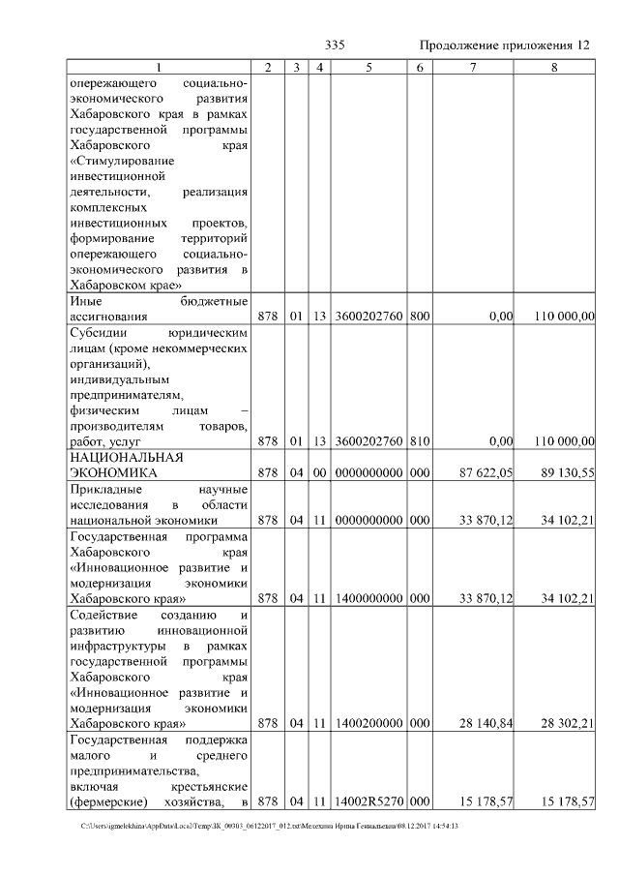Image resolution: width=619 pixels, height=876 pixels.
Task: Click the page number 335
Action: coord(335,45)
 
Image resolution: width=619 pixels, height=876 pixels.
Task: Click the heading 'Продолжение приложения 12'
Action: coord(504,45)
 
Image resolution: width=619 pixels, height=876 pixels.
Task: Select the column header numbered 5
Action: coord(369,67)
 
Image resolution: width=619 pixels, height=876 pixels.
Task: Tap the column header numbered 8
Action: coord(554,67)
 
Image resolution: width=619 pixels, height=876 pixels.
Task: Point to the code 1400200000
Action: coord(369,722)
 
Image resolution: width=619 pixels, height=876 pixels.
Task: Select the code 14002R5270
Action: coord(369,800)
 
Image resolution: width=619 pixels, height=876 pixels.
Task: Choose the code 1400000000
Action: coord(369,598)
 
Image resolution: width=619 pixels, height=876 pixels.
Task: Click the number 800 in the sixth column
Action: coord(419,317)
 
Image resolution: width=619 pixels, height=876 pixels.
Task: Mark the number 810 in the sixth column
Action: coord(419,441)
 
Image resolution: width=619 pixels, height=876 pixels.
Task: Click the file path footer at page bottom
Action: coord(270,826)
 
